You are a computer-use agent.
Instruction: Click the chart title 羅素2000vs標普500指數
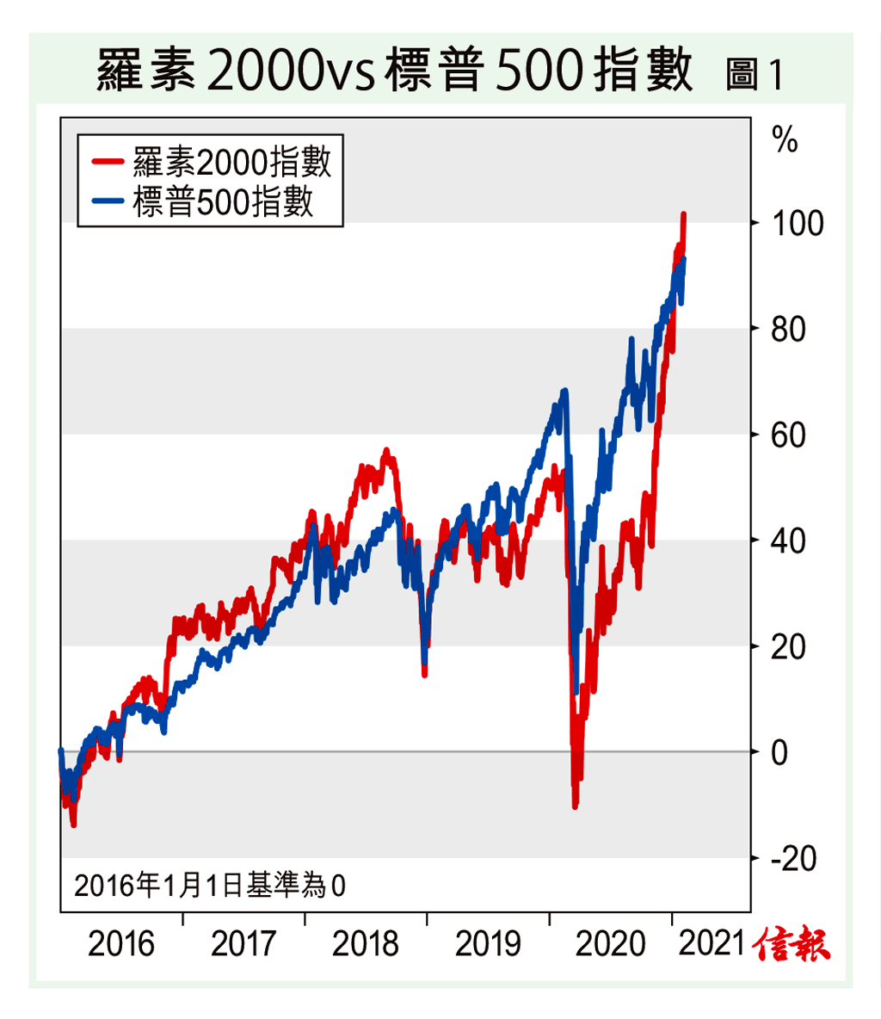point(394,71)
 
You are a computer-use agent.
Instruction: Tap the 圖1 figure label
point(754,75)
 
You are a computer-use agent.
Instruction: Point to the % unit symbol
point(785,139)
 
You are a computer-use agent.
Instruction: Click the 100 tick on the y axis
point(797,224)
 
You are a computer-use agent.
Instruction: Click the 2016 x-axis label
point(121,944)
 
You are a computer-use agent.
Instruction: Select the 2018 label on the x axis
point(366,944)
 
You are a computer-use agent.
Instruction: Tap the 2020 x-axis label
point(609,944)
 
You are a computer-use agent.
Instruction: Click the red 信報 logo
point(792,944)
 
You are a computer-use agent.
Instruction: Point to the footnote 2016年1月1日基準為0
point(210,885)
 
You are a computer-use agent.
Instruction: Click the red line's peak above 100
point(683,214)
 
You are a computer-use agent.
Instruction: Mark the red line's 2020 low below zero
point(575,806)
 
